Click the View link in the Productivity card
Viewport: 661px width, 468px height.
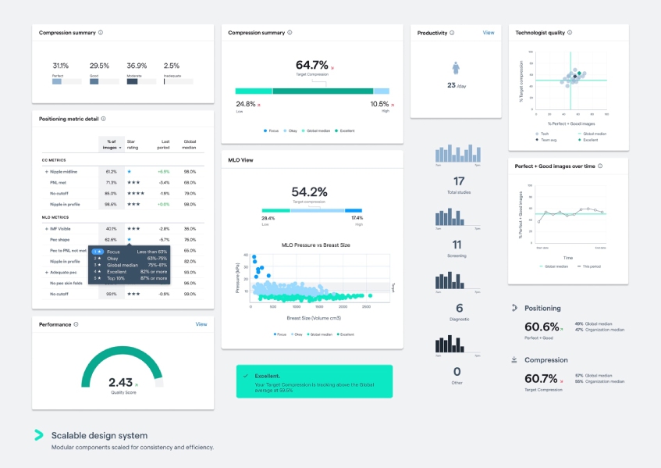489,33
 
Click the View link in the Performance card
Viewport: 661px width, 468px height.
201,324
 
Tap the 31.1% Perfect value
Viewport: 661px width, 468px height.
60,66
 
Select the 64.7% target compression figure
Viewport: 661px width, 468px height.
311,65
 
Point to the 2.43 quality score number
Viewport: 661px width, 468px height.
120,382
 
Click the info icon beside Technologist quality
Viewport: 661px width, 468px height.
570,33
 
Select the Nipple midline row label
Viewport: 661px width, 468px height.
63,171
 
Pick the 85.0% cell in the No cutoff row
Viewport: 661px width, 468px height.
111,193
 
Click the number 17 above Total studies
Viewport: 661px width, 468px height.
458,181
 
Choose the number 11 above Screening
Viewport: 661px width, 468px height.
457,245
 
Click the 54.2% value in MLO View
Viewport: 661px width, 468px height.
309,191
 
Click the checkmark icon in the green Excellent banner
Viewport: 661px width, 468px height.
246,375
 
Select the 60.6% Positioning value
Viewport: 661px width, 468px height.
542,327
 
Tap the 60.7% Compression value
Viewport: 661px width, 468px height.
542,379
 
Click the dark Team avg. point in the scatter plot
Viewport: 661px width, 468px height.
575,77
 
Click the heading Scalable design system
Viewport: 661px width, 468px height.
99,435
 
